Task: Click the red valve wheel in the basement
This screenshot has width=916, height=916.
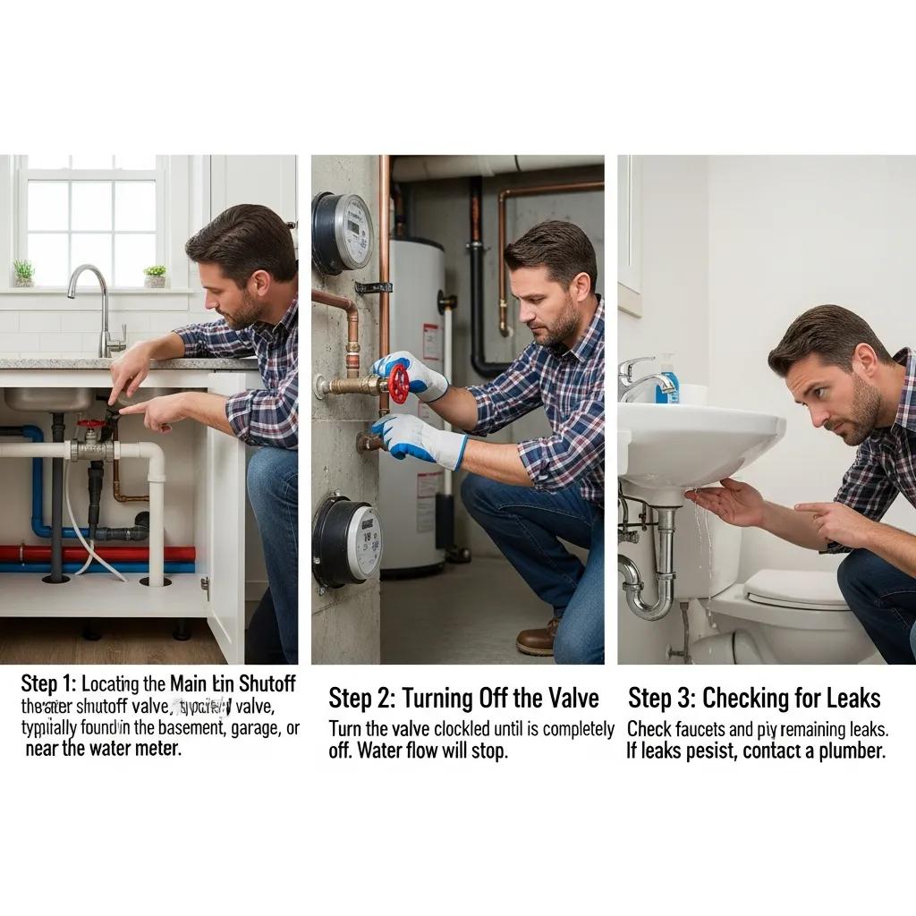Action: [x=399, y=383]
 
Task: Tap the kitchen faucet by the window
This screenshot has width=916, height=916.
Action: [x=100, y=304]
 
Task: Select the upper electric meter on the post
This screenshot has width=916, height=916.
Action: [x=343, y=233]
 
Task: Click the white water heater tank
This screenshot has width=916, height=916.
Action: [x=413, y=403]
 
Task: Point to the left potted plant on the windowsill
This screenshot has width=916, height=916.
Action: [x=24, y=273]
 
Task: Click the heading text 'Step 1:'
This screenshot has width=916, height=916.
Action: [x=49, y=684]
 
